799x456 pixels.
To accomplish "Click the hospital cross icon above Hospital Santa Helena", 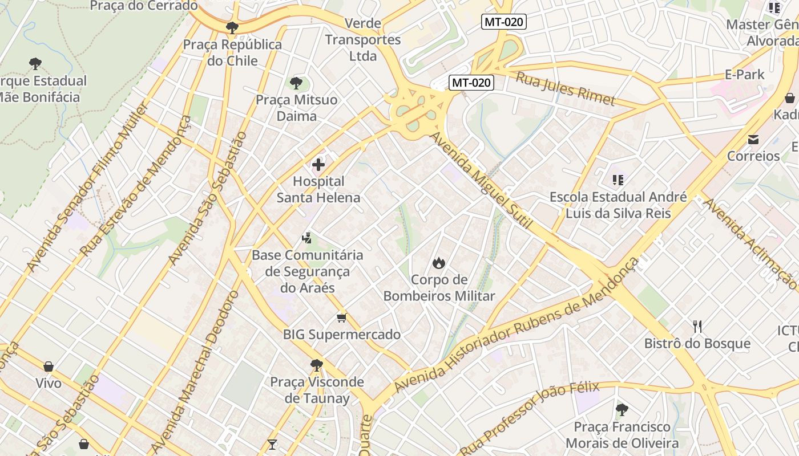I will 318,165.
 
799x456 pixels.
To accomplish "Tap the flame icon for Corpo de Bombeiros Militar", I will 438,263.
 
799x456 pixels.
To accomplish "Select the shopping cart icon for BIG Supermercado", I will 341,317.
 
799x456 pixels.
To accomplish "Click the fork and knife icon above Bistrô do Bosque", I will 697,327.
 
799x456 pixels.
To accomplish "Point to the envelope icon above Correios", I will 753,139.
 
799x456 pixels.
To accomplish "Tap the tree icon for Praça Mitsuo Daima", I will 296,83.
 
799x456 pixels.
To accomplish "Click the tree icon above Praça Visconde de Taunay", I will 317,365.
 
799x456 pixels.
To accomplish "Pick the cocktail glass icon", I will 272,444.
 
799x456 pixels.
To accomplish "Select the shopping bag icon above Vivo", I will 49,367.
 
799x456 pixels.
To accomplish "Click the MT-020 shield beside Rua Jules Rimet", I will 471,83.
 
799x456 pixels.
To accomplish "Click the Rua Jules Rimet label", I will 566,88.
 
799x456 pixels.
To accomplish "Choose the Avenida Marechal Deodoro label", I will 195,370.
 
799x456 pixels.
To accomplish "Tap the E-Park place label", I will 744,74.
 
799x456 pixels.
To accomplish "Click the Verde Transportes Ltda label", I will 363,40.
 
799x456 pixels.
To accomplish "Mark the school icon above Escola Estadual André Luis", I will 618,180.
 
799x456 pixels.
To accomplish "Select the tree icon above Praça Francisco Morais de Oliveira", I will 622,409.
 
